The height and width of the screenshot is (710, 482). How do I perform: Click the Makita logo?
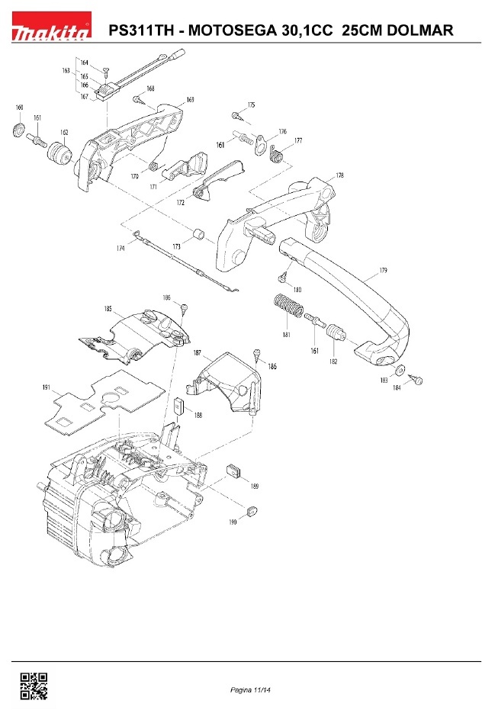point(51,25)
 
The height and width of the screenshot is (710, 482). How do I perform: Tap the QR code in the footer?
point(34,686)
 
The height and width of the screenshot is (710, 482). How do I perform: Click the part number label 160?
point(19,108)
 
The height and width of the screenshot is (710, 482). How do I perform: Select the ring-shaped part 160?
point(18,129)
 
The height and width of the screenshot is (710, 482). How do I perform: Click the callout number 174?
point(120,248)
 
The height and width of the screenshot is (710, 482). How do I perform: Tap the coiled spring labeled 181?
point(288,307)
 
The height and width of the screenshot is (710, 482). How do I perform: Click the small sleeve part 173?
point(198,236)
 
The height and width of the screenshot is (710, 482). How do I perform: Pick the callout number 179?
point(384,270)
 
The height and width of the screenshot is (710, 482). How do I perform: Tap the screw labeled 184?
point(416,379)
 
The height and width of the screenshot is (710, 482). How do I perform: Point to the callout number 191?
point(47,387)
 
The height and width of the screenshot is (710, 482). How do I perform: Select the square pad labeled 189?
point(233,471)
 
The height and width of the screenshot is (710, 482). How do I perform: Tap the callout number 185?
point(108,309)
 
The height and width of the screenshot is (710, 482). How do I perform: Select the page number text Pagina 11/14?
point(250,690)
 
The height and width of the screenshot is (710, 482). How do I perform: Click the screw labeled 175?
point(236,115)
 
